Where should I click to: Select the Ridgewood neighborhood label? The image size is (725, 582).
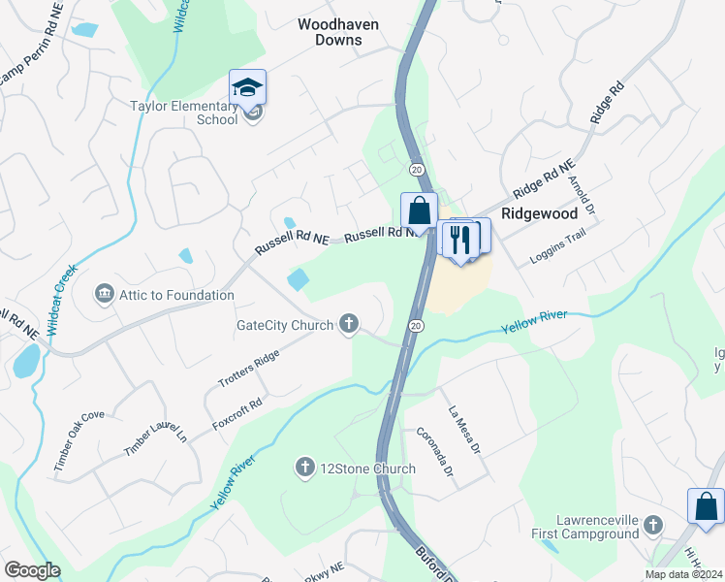click(539, 212)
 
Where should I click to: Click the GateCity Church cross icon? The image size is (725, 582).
click(348, 325)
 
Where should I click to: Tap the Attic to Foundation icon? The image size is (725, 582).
click(104, 294)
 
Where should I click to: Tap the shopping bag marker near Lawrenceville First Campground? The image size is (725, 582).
click(706, 506)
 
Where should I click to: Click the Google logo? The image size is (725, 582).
click(32, 570)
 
